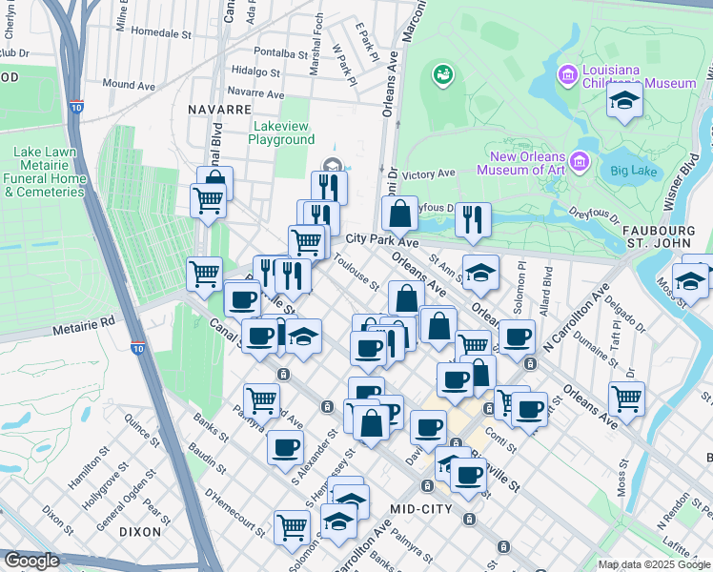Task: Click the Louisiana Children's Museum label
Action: tap(639, 76)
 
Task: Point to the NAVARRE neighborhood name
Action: tap(218, 110)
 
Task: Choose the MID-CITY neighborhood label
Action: tap(421, 509)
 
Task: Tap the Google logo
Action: tap(31, 562)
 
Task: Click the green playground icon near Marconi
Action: tap(442, 74)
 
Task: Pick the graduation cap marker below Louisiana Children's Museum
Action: tap(624, 100)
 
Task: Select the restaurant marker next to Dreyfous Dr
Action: tap(473, 218)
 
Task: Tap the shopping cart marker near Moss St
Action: tap(626, 398)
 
